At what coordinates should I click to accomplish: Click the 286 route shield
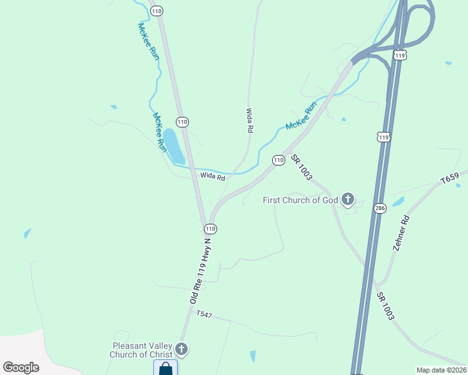[x=379, y=207]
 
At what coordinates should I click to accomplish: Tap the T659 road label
[x=449, y=177]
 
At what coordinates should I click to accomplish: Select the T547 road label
[x=205, y=314]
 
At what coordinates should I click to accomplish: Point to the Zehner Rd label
[x=401, y=232]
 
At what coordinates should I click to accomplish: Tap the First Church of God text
[x=300, y=200]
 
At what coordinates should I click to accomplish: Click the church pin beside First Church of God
[x=348, y=199]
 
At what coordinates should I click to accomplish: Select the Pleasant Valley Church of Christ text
[x=143, y=350]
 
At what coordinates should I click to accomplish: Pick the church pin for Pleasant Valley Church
[x=181, y=349]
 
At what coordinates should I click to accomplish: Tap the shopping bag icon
[x=165, y=368]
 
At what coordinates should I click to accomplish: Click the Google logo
[x=21, y=367]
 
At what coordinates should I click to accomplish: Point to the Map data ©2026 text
[x=441, y=370]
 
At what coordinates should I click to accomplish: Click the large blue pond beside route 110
[x=173, y=146]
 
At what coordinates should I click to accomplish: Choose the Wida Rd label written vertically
[x=249, y=120]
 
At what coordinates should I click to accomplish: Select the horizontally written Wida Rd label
[x=212, y=177]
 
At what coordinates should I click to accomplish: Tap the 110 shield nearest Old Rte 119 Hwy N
[x=210, y=229]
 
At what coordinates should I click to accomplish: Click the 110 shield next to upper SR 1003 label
[x=278, y=160]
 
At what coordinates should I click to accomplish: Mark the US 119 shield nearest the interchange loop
[x=401, y=55]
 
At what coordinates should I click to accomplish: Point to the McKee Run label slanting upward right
[x=300, y=117]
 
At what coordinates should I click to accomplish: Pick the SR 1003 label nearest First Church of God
[x=301, y=169]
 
